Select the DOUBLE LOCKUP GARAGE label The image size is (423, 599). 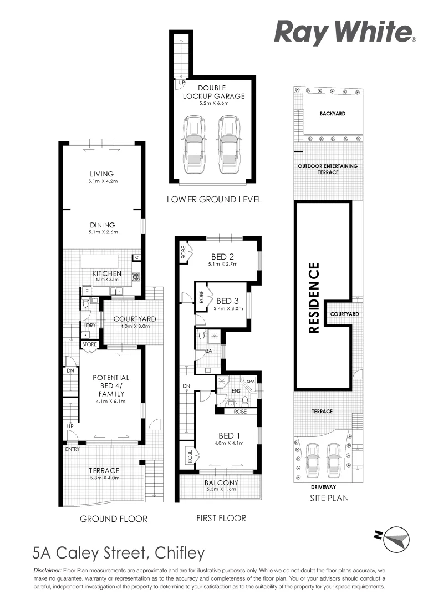coord(213,92)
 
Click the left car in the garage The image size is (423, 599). coord(193,145)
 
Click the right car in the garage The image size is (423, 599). coord(228,145)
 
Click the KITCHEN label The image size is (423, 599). coord(107,273)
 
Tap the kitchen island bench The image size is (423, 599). coord(100,261)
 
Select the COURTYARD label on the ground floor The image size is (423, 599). coord(134,319)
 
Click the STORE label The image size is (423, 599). coord(89,344)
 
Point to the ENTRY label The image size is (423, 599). coord(72,449)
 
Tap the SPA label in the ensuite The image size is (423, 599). coord(250,382)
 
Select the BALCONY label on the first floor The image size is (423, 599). coord(221,483)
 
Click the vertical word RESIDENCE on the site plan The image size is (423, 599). coord(314,298)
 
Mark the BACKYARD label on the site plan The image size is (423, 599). coord(332,114)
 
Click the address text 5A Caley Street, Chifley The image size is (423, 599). coord(119,553)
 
